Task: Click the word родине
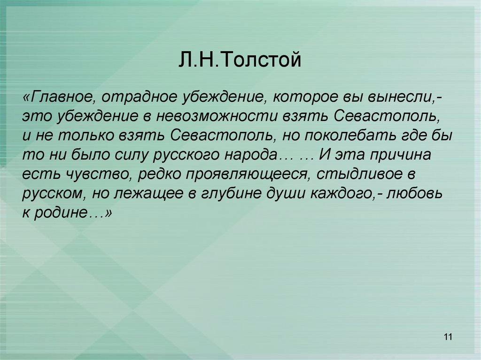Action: coord(66,212)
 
